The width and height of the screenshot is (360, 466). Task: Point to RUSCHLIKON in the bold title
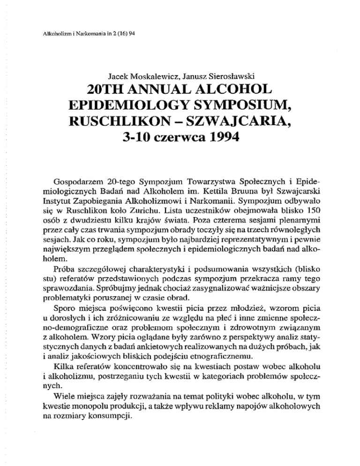click(123, 135)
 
